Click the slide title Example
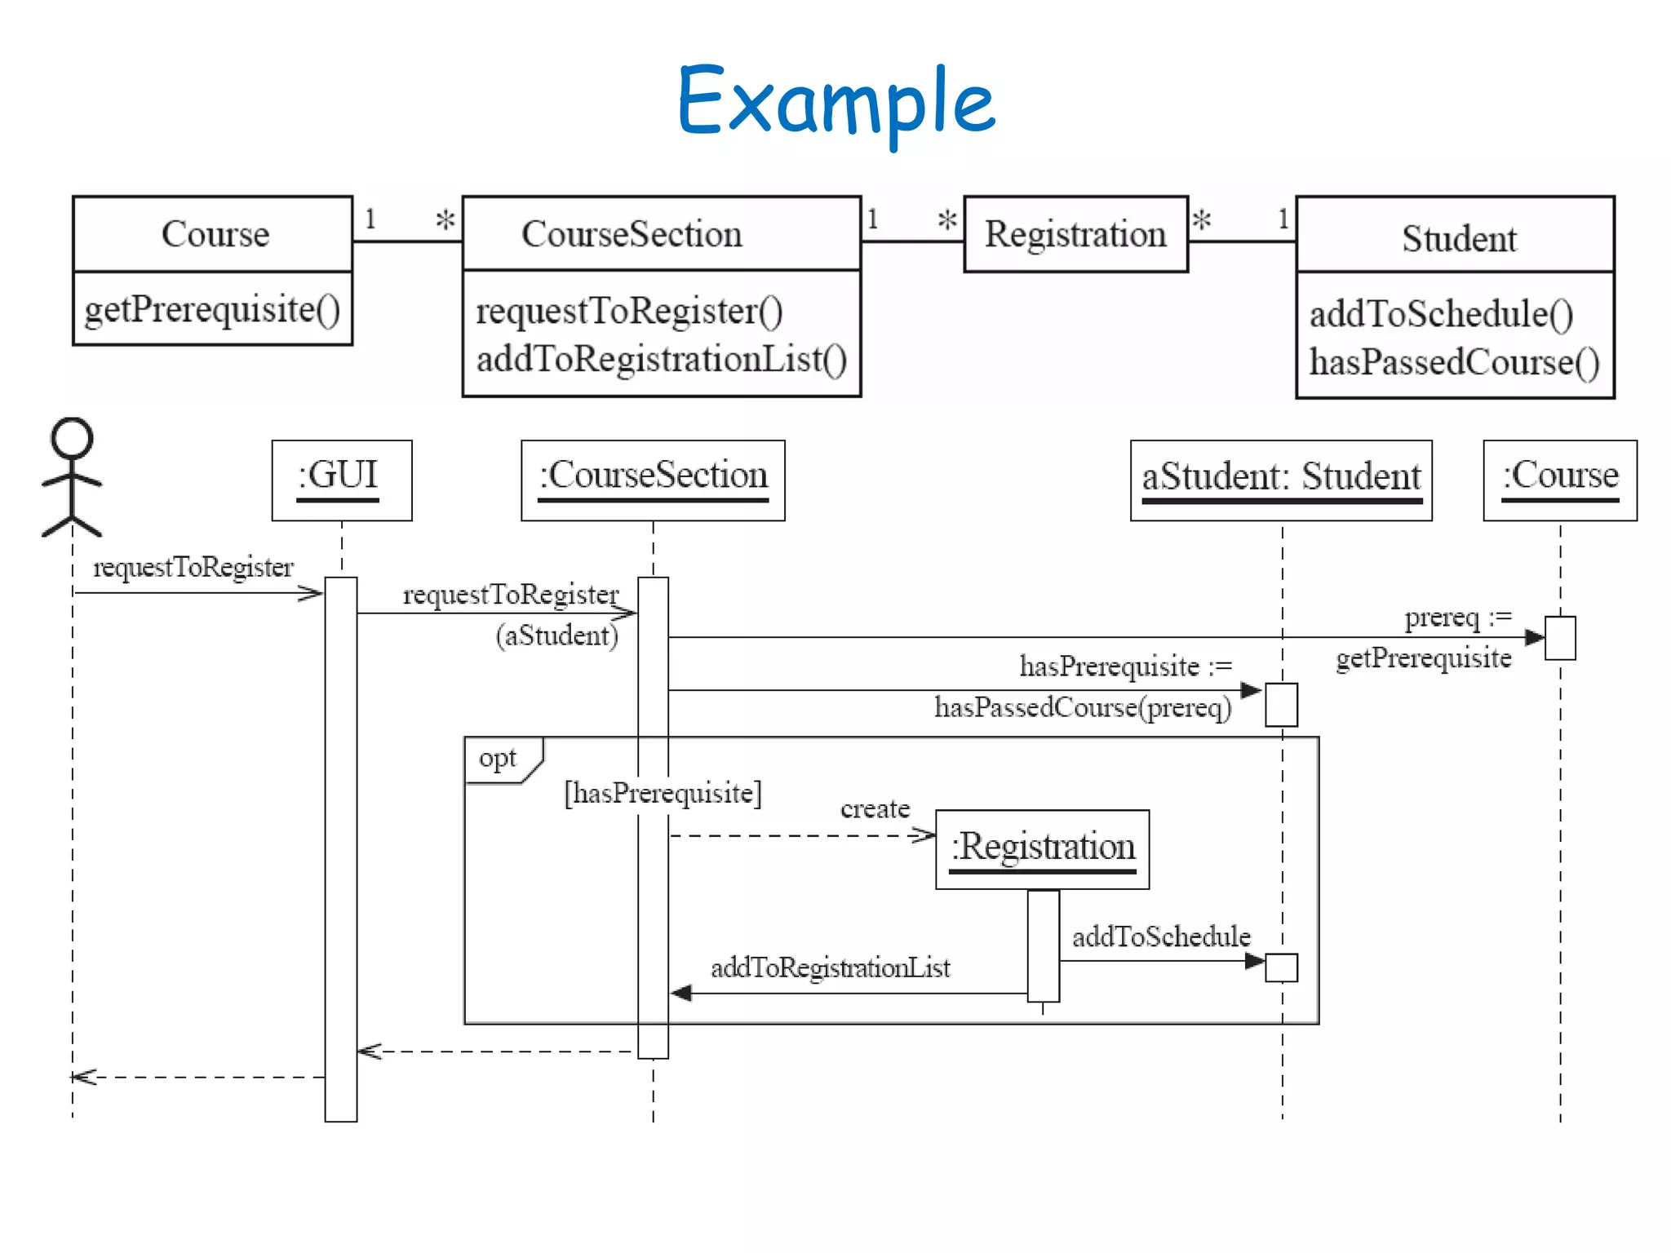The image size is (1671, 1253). pos(835,101)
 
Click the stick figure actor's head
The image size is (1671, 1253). pos(72,438)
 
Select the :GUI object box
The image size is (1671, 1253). pos(341,480)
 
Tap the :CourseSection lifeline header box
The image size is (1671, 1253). pos(653,480)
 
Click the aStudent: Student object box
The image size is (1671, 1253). pos(1280,480)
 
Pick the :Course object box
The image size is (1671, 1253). pos(1559,480)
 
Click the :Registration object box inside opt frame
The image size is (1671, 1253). pos(1042,848)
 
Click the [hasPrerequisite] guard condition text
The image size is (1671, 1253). pos(663,793)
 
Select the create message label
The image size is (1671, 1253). pos(875,808)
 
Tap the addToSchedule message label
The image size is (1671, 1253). pos(1160,936)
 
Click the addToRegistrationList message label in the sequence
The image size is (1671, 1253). pos(830,967)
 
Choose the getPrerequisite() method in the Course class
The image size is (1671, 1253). pos(212,309)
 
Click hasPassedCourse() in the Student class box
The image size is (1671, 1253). pos(1454,362)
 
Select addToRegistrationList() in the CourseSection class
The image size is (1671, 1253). pos(661,359)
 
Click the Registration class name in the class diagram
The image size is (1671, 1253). pos(1075,234)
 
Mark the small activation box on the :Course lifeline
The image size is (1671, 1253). pos(1559,637)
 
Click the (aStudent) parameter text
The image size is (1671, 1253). pos(556,635)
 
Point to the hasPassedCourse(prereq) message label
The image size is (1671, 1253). pos(1082,707)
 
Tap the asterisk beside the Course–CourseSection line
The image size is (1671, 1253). pos(445,219)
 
